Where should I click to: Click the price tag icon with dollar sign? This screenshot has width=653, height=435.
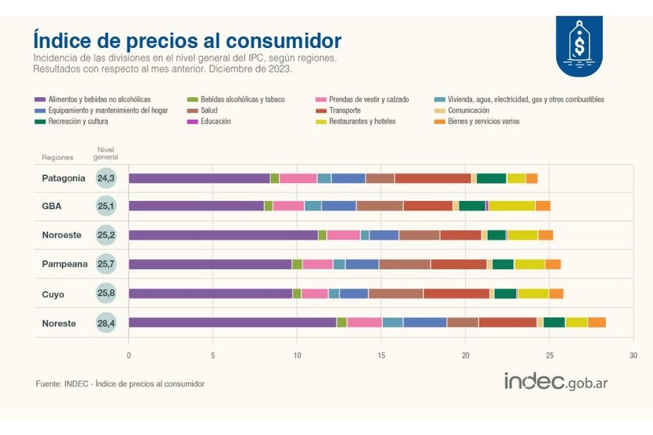click(x=579, y=45)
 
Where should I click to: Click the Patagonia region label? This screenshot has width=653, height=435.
click(x=64, y=178)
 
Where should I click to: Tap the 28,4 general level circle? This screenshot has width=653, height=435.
click(x=105, y=322)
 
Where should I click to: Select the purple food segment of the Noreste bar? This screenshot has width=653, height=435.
click(x=232, y=322)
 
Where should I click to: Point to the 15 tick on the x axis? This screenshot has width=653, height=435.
click(x=381, y=355)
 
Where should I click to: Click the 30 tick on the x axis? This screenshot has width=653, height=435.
click(x=633, y=355)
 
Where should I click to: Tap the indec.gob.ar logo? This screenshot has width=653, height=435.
click(x=555, y=381)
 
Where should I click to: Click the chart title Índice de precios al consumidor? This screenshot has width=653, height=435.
click(x=187, y=40)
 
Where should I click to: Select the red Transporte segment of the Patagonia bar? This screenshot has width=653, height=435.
click(x=432, y=178)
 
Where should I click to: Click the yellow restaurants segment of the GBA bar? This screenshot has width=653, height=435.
click(x=512, y=205)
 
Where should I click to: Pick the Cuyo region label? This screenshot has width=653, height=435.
click(x=53, y=294)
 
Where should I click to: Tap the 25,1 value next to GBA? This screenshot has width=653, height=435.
click(x=105, y=205)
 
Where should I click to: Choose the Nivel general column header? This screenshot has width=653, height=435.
click(x=105, y=154)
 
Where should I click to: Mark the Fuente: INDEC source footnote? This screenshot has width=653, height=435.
click(x=120, y=383)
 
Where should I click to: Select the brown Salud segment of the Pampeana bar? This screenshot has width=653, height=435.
click(x=405, y=264)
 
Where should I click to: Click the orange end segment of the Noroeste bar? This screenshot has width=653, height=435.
click(x=546, y=235)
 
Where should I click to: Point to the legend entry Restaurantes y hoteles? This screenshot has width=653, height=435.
click(x=362, y=121)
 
